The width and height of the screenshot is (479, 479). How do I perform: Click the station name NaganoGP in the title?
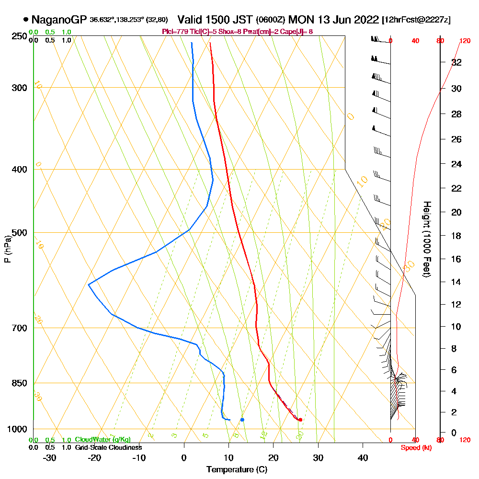point(59,20)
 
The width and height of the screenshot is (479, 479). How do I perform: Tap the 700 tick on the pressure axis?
point(17,328)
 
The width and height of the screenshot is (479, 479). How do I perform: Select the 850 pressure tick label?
point(17,383)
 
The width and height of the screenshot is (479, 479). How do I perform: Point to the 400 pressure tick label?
point(17,169)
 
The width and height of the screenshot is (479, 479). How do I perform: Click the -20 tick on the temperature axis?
point(94,457)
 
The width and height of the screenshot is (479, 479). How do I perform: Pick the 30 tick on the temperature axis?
point(319,457)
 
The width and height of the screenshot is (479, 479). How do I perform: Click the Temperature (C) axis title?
point(237,469)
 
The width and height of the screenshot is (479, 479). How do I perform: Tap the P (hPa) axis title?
point(7,248)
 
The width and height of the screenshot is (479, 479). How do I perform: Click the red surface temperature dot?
point(300,420)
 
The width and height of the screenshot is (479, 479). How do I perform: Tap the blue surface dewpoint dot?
point(242,420)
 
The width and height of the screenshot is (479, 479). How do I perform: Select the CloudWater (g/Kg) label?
point(103,440)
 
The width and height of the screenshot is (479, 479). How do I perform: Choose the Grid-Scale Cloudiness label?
point(108,447)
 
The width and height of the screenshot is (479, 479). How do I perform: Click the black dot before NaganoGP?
point(25,20)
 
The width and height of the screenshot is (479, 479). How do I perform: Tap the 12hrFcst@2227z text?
point(416,20)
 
